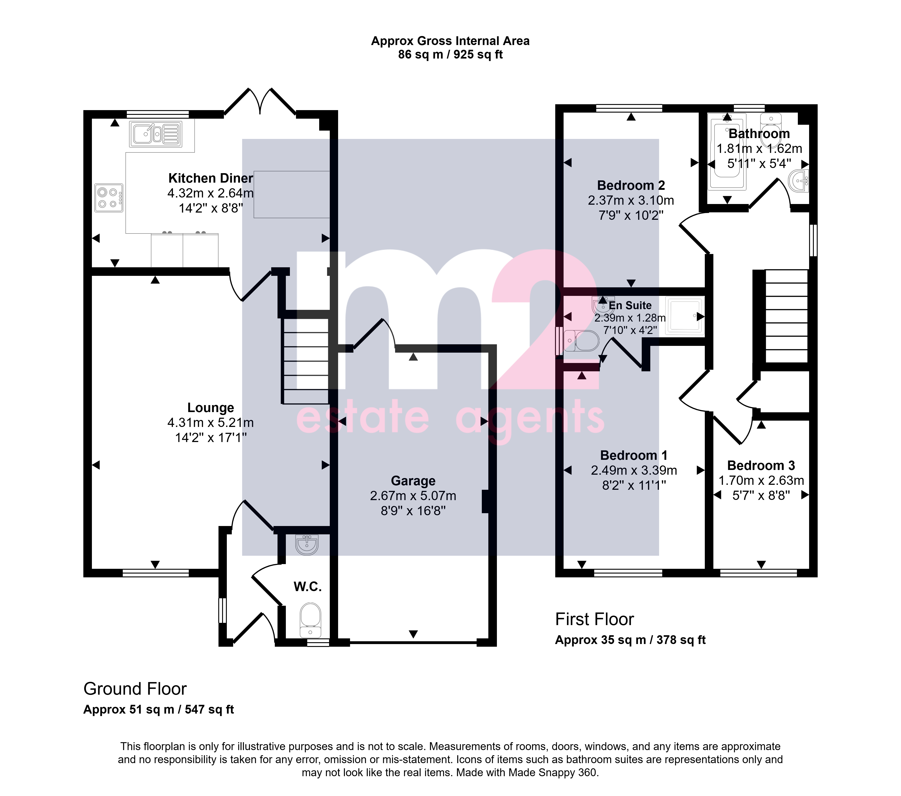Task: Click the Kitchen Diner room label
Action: coord(211,178)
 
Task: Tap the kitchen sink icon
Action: coord(156,134)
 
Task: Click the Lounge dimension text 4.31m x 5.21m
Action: coord(211,423)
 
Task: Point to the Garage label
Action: coord(413,481)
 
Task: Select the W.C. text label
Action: coord(308,587)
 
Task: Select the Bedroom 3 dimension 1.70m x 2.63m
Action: coord(761,481)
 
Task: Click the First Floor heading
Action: coord(594,619)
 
